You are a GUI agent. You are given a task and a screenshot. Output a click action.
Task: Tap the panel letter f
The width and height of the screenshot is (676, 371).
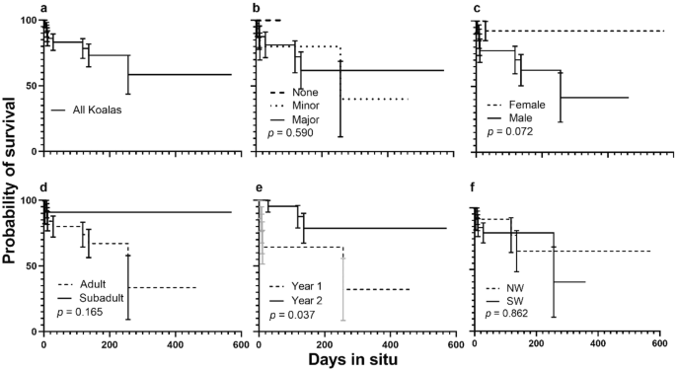477,186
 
